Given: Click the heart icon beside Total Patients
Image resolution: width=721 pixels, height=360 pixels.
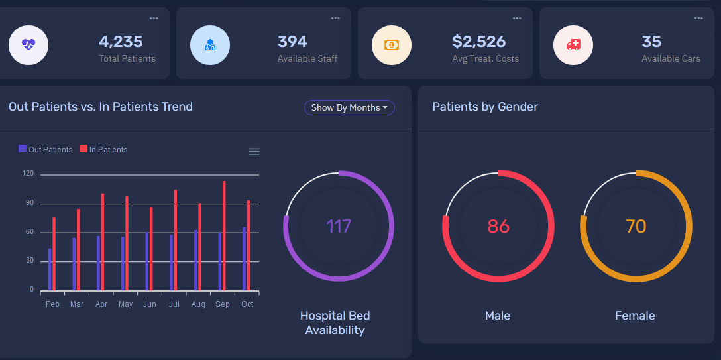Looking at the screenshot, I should coord(28,45).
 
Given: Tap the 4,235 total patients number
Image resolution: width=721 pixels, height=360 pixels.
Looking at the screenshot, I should coord(121,42).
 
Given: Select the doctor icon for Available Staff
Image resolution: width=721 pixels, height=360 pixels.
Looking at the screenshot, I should coord(210,45).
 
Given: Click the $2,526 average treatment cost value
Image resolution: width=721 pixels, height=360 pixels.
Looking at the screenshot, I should coord(478,42).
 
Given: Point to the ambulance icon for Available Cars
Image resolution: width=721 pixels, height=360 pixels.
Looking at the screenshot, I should coord(573,45).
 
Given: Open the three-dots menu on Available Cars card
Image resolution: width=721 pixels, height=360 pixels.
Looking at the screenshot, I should coord(698,19).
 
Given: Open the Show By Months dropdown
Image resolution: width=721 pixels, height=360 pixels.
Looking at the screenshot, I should coord(349,107).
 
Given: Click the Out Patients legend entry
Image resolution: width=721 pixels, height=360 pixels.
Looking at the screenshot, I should coord(46,149).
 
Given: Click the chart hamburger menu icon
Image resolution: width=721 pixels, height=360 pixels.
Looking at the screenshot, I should coord(254,152).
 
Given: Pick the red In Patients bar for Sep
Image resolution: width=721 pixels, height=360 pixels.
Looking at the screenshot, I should coord(224,235).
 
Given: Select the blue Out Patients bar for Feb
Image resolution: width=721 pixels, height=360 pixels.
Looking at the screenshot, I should coord(50,269).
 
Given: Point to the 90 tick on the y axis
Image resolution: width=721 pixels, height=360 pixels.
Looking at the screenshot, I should coord(29,203).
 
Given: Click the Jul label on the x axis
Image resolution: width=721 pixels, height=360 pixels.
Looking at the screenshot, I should coord(174,304).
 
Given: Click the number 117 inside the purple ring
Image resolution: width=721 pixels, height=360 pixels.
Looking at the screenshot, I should coord(339,227).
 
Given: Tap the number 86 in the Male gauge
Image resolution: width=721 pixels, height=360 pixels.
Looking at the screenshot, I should coord(498,227).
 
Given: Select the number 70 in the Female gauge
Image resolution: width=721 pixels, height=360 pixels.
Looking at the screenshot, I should coord(636,227).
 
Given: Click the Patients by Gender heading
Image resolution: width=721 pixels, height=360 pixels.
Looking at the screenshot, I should coord(485,107).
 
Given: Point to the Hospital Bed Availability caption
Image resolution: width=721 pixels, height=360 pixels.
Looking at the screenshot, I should coord(335,323).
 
